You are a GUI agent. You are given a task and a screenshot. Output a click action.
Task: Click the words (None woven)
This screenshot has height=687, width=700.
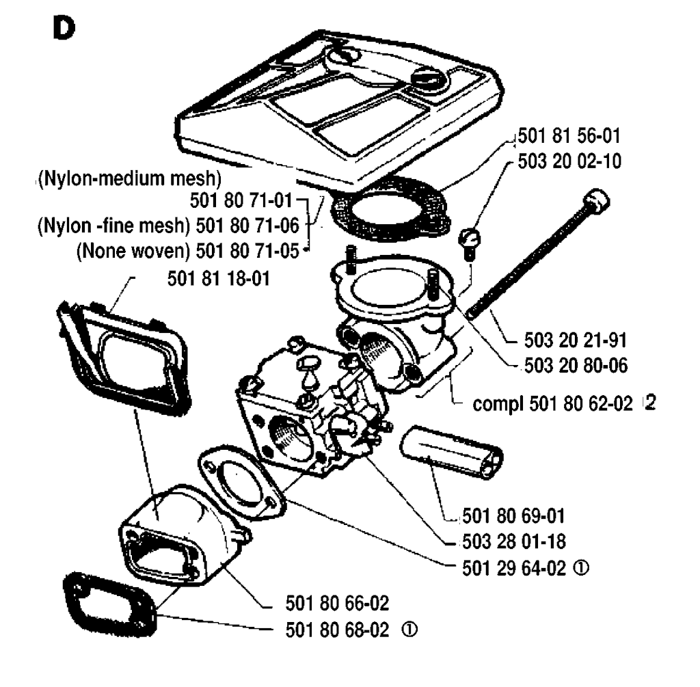pos(133,250)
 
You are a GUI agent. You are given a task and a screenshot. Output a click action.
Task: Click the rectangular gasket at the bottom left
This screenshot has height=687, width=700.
pos(109,602)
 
